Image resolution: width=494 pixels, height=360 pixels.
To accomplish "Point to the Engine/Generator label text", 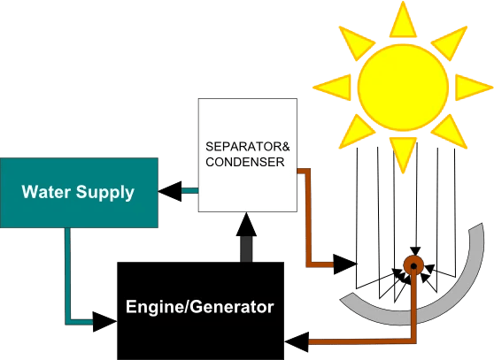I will point(199,308).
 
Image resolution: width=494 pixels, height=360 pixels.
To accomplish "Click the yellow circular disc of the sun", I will point(403,85).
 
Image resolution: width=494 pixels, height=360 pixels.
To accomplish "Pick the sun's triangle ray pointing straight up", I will point(403,18).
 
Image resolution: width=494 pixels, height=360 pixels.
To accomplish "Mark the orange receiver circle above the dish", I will point(412,264).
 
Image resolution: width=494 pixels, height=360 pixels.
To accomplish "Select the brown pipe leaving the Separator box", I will point(305,212).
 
